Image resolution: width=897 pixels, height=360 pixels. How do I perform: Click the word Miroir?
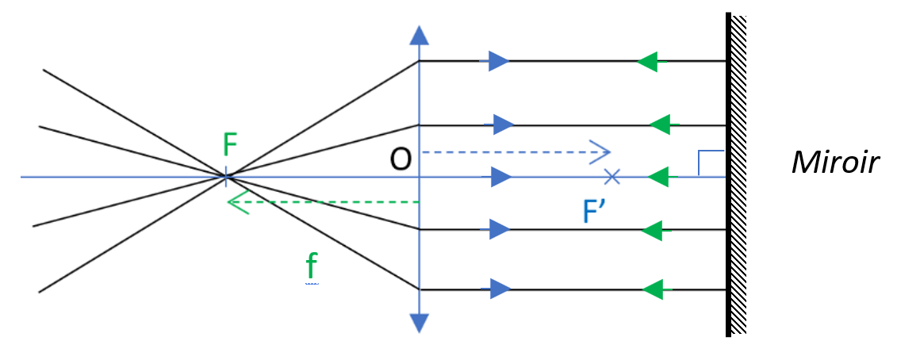pos(835,163)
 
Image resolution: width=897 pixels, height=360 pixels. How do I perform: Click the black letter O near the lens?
pos(401,161)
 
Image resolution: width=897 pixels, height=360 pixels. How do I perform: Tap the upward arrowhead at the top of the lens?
pos(420,36)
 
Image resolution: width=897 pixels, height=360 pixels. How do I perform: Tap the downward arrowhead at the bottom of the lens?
pos(420,324)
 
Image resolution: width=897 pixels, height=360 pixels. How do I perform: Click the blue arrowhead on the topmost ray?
pos(499,61)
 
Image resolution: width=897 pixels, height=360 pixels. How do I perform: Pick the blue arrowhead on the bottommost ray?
pos(499,289)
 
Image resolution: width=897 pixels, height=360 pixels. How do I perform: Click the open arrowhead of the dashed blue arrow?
pos(603,152)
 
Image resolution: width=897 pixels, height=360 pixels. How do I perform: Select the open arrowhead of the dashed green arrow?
pos(237,202)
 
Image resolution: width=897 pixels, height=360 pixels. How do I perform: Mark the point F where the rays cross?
pos(227,176)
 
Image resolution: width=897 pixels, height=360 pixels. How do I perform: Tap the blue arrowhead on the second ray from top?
pos(504,124)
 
